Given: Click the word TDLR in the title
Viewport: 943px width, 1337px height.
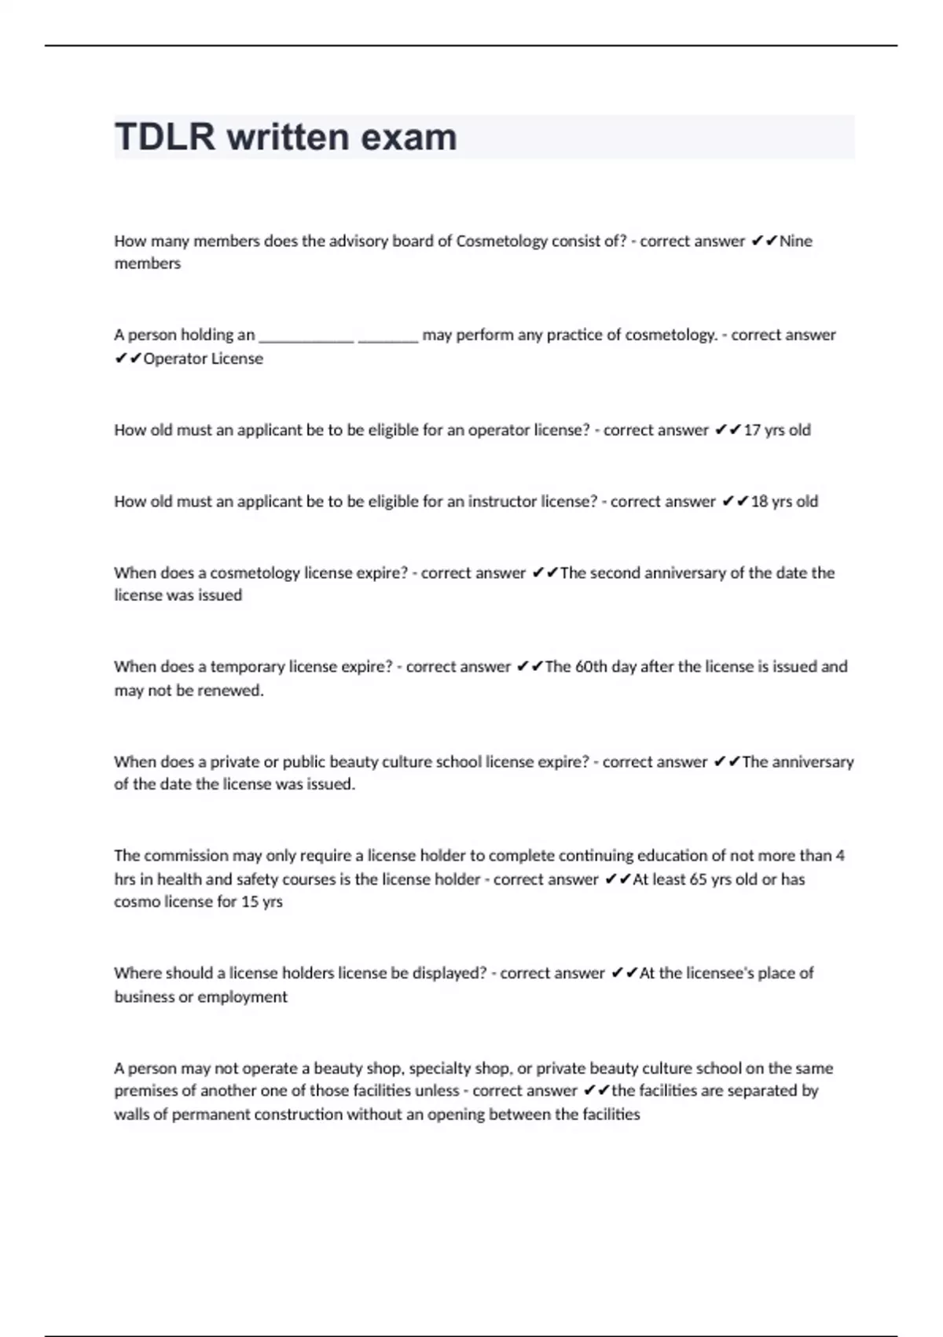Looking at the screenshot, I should click(x=164, y=137).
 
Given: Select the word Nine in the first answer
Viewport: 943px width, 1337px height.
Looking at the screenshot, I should click(x=795, y=241).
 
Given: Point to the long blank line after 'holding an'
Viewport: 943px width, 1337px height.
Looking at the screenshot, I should click(x=306, y=336).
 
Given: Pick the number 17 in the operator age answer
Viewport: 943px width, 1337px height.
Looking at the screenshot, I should click(x=752, y=430).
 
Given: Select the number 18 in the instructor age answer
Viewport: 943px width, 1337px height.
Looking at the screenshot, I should click(x=759, y=502).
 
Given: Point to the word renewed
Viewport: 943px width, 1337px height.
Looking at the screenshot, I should click(x=235, y=691).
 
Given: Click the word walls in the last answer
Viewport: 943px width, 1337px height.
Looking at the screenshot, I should click(x=132, y=1114).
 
